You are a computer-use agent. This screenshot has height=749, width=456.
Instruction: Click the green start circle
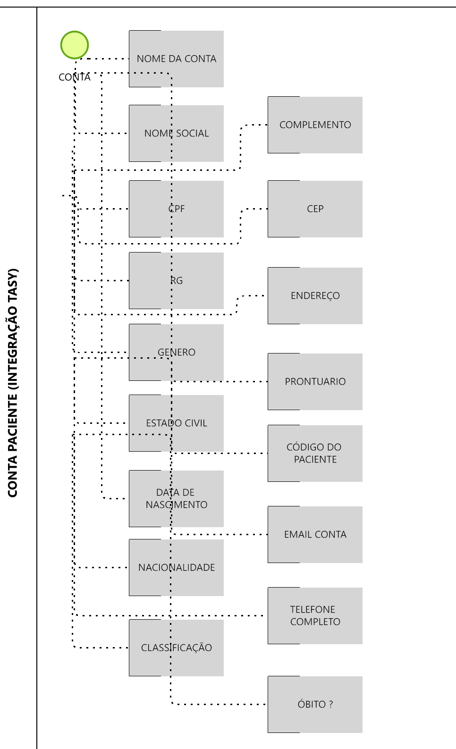pos(75,45)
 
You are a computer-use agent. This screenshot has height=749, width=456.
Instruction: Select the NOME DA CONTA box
pos(176,59)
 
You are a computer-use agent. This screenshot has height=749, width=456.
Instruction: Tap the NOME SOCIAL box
pos(176,134)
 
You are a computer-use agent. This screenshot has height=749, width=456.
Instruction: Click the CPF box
pos(176,209)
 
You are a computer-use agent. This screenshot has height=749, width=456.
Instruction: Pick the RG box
pos(176,280)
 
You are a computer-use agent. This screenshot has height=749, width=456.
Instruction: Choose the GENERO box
pos(176,352)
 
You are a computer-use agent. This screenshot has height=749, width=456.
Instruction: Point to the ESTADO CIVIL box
pos(176,423)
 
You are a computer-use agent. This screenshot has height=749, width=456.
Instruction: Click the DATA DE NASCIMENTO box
pos(176,498)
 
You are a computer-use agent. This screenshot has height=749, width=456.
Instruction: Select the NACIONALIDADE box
pos(176,567)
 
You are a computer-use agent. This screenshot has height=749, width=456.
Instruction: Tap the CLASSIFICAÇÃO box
pos(176,648)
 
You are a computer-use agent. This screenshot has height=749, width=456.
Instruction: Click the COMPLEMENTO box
pos(315,125)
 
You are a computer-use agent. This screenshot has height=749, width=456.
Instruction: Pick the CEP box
pos(315,209)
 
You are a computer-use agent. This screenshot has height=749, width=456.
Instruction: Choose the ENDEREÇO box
pos(315,295)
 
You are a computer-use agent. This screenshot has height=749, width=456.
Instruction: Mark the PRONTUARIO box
pos(315,381)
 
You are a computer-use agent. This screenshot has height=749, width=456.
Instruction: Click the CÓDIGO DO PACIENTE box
pos(315,453)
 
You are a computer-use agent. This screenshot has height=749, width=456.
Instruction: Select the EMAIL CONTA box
pos(315,534)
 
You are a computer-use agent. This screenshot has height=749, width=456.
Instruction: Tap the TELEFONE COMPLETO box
pos(315,615)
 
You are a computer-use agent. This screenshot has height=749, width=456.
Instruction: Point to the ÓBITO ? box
pos(315,704)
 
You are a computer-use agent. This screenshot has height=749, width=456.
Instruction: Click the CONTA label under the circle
pos(74,77)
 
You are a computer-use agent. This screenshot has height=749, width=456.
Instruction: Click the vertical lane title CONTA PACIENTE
pos(13,382)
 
